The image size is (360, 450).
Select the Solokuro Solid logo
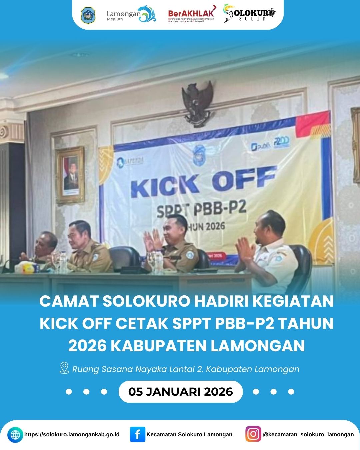250,14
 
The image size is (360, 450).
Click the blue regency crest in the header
88,16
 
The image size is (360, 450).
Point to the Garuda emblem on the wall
197,103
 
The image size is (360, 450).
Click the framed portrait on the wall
71,175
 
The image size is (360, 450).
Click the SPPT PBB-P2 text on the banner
201,209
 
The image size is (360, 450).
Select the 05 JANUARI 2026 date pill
180,391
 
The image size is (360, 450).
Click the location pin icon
64,368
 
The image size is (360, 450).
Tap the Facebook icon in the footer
137,434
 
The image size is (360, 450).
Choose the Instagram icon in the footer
253,434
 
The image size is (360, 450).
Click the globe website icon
15,435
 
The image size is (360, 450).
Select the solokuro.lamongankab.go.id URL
72,434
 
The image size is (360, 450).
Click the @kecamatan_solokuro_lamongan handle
308,434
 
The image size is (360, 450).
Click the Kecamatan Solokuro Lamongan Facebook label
189,434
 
